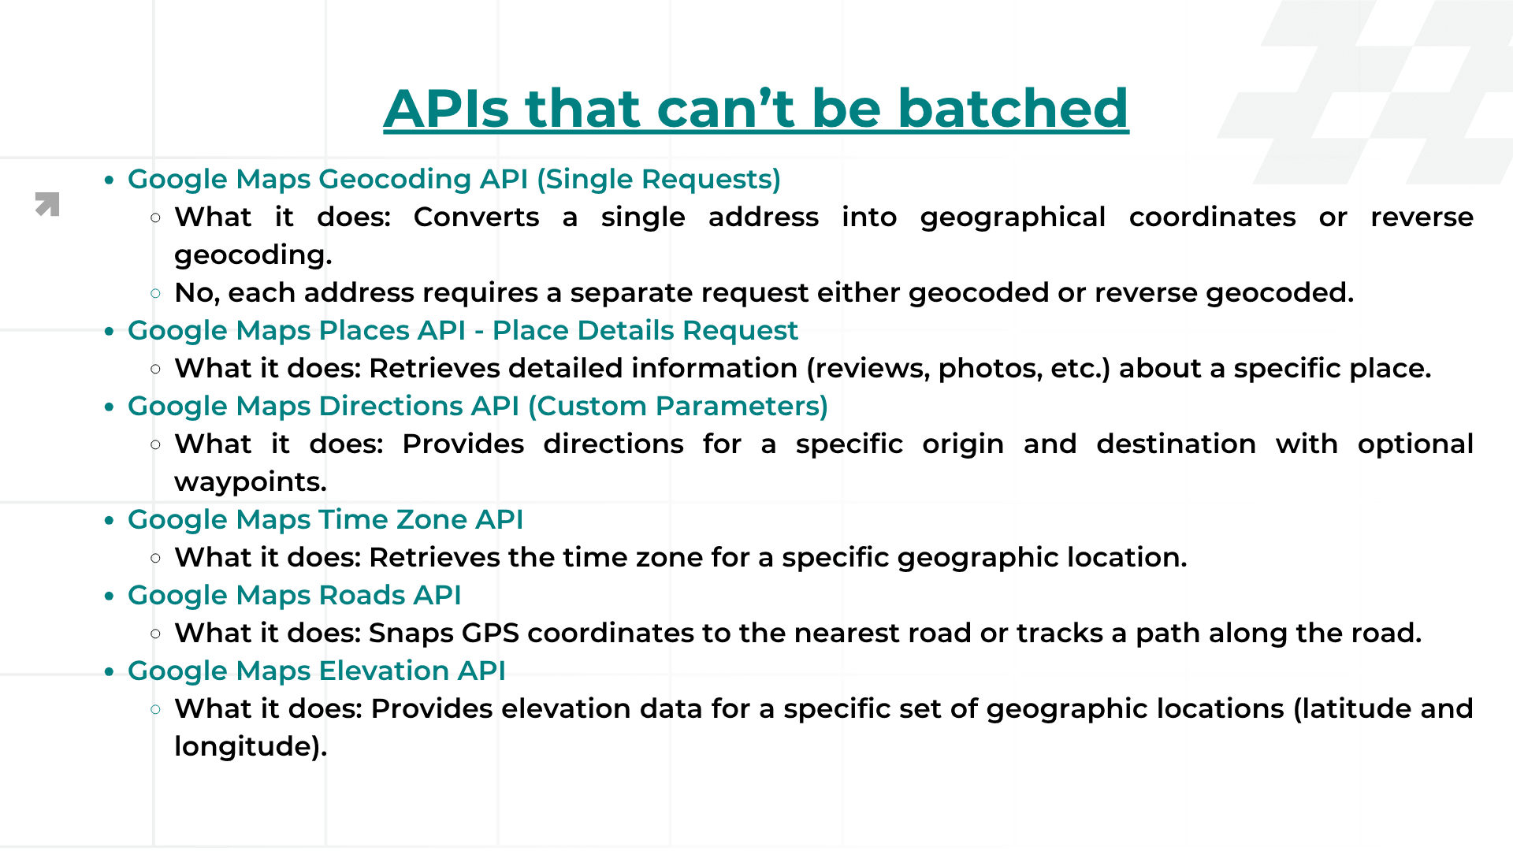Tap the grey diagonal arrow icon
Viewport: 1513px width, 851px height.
pyautogui.click(x=47, y=204)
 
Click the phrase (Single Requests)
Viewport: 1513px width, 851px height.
pyautogui.click(x=659, y=180)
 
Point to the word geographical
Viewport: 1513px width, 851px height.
pyautogui.click(x=1013, y=217)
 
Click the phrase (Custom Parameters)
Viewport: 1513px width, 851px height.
pyautogui.click(x=678, y=406)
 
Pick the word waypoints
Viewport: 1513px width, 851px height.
pyautogui.click(x=250, y=482)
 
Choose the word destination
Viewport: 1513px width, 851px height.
pyautogui.click(x=1176, y=444)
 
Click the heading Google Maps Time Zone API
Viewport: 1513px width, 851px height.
pyautogui.click(x=325, y=519)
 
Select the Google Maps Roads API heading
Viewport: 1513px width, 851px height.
pyautogui.click(x=294, y=595)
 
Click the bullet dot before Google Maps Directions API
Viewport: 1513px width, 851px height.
pyautogui.click(x=110, y=407)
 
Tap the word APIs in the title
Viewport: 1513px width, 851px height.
pyautogui.click(x=446, y=108)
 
